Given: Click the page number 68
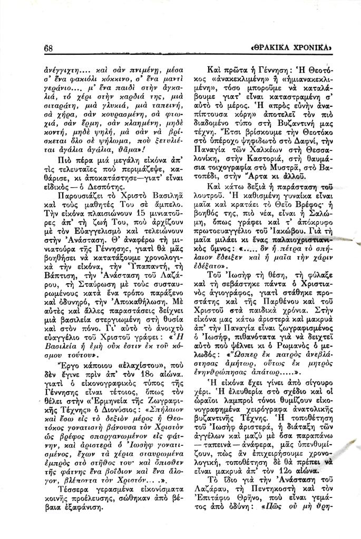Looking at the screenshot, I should [51, 48].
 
